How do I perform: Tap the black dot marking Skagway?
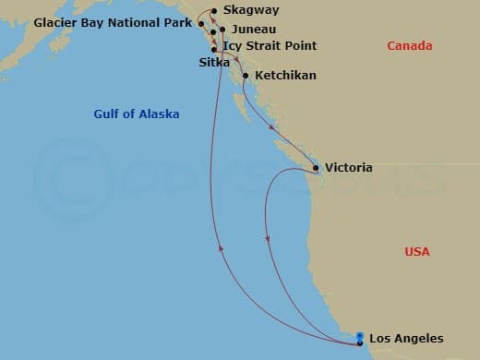(214, 11)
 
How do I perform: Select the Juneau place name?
(254, 30)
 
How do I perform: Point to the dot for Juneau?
(222, 30)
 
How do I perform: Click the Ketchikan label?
(285, 76)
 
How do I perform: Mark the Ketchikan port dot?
(246, 76)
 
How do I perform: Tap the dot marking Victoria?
(317, 168)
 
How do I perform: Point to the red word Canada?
(409, 46)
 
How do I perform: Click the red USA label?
(417, 251)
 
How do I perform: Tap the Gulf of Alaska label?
(137, 114)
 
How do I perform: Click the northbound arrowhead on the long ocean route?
(220, 246)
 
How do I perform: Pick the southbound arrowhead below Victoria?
(268, 239)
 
